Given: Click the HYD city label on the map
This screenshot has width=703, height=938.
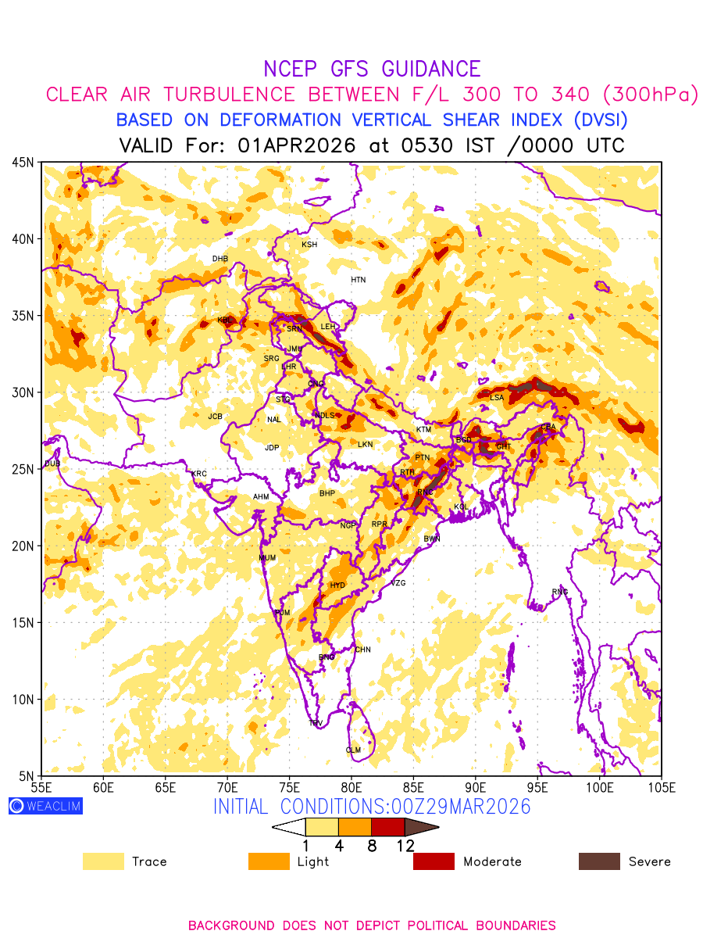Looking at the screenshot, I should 337,585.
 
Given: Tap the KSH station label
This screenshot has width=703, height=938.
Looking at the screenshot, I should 309,245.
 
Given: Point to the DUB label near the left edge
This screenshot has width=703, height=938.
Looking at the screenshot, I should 52,464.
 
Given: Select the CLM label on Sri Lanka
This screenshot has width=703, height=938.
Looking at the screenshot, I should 353,750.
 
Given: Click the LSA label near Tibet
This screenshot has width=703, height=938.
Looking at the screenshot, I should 497,398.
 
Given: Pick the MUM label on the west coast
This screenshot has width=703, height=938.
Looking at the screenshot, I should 267,558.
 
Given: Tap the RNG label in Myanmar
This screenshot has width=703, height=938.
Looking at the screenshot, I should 560,592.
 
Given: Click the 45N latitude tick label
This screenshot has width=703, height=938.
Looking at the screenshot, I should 23,162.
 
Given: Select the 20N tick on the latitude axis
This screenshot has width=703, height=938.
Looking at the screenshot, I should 23,546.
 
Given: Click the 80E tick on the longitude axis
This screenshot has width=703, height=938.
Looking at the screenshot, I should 351,786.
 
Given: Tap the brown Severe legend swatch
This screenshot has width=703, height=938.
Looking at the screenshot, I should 599,861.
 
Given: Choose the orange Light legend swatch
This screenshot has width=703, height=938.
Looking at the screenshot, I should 269,861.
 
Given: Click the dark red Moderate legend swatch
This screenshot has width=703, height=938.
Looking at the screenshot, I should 434,861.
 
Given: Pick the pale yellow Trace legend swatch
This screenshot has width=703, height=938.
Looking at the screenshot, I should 103,861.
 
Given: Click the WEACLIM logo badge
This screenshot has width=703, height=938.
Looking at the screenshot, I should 45,806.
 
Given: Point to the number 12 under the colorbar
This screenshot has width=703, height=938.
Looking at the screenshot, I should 405,846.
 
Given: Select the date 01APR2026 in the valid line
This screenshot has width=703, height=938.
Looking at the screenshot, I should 296,145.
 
